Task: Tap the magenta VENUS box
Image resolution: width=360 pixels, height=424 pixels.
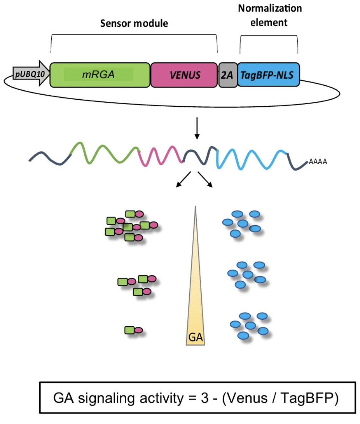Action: pos(184,75)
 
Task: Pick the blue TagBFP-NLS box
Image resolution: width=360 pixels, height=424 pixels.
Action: pos(268,75)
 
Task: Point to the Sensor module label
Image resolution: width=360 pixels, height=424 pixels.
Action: pos(134,23)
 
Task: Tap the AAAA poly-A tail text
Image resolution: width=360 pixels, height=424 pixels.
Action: pos(318,162)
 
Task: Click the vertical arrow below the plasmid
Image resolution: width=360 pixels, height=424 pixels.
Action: pos(197,130)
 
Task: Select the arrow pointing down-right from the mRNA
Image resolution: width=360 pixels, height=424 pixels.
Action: pos(205,179)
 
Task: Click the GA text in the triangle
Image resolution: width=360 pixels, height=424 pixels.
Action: pos(195,337)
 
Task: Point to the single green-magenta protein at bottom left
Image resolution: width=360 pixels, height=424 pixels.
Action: pos(133,330)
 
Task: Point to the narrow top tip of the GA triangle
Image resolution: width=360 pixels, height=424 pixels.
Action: pos(195,208)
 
